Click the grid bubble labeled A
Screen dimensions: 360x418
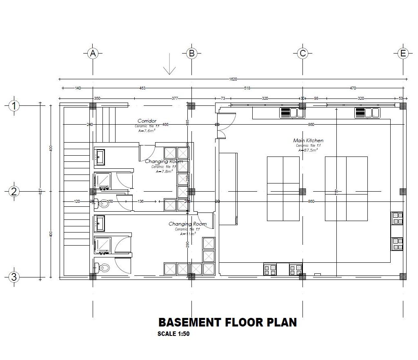(x=93, y=53)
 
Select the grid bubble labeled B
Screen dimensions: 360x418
(x=191, y=53)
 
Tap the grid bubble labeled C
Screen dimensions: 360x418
(x=302, y=53)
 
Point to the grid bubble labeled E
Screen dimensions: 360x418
(x=403, y=53)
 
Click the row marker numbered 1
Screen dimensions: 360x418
(x=14, y=106)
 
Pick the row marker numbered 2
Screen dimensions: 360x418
(x=14, y=191)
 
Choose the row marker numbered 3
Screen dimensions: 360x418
(x=14, y=277)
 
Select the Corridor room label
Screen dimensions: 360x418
(x=147, y=121)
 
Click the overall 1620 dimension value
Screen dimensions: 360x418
(x=233, y=79)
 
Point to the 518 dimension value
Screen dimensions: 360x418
(x=247, y=88)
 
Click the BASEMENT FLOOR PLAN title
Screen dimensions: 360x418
(x=227, y=322)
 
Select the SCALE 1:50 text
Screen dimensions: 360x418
(x=173, y=333)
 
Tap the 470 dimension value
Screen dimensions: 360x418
(x=353, y=88)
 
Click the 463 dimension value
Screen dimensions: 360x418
(x=142, y=88)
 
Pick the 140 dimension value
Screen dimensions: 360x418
(x=78, y=88)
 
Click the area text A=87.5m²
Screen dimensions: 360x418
(x=308, y=150)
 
